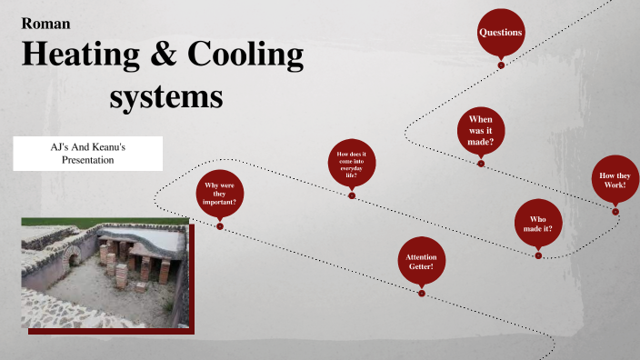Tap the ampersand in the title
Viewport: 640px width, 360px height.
[x=168, y=56]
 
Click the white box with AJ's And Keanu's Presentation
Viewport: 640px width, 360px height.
[x=87, y=153]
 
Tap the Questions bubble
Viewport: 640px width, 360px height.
[x=501, y=33]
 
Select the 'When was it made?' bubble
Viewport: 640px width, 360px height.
[x=481, y=132]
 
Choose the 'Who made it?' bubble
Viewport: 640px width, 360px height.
[x=538, y=223]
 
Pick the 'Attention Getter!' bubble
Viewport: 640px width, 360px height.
[x=421, y=262]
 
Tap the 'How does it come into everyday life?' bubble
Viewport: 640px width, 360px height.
[x=352, y=166]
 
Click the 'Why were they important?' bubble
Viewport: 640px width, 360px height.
[x=220, y=195]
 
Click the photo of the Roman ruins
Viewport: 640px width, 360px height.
[x=105, y=273]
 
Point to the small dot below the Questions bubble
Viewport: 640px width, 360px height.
[x=501, y=65]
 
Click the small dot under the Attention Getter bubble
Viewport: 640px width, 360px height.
[x=421, y=293]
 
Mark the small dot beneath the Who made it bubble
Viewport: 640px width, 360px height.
[x=538, y=255]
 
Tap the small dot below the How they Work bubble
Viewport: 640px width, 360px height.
[x=615, y=212]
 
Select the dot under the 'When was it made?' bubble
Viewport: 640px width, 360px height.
[x=481, y=164]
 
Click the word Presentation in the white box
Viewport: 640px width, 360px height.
[x=87, y=160]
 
